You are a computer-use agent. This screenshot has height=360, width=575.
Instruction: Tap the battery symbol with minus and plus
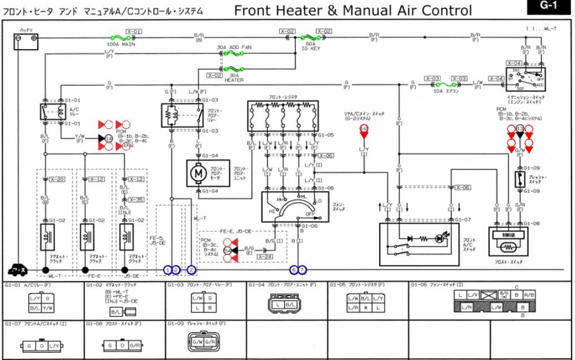[26, 38]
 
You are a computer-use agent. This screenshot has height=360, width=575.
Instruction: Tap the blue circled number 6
[294, 270]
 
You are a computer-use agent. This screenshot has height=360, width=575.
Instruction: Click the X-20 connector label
[58, 179]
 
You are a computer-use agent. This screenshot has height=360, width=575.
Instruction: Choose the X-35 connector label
[136, 199]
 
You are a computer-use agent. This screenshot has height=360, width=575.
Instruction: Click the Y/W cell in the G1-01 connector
[49, 309]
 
